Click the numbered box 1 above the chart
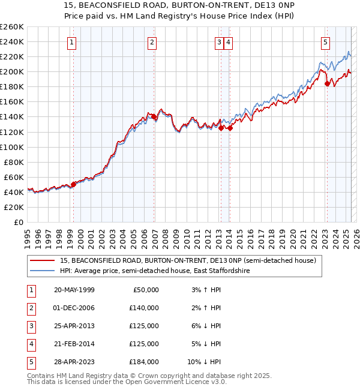[71, 42]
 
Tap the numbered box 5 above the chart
[325, 42]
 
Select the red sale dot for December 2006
[154, 116]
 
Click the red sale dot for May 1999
[73, 184]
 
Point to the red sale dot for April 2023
[327, 83]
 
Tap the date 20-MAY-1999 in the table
[74, 290]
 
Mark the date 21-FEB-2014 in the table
[74, 344]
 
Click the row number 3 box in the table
[31, 326]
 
